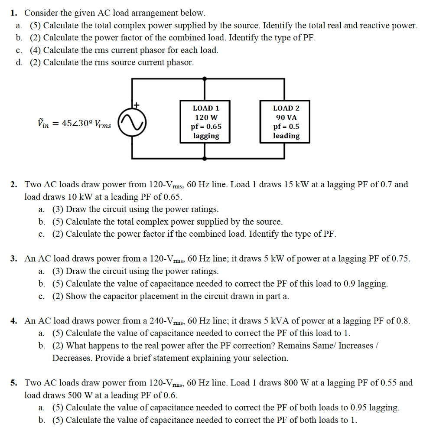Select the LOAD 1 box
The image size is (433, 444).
point(206,122)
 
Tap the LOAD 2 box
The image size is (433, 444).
point(286,122)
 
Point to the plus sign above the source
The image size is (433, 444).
point(137,104)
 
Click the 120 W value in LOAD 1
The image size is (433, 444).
point(206,118)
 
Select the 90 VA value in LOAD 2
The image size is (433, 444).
point(286,118)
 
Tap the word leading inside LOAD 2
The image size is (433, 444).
point(286,136)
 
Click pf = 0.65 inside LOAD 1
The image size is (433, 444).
point(206,127)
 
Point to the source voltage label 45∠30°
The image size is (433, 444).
point(74,124)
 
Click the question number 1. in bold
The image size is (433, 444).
point(14,13)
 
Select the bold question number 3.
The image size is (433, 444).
point(14,259)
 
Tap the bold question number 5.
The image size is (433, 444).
point(14,383)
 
